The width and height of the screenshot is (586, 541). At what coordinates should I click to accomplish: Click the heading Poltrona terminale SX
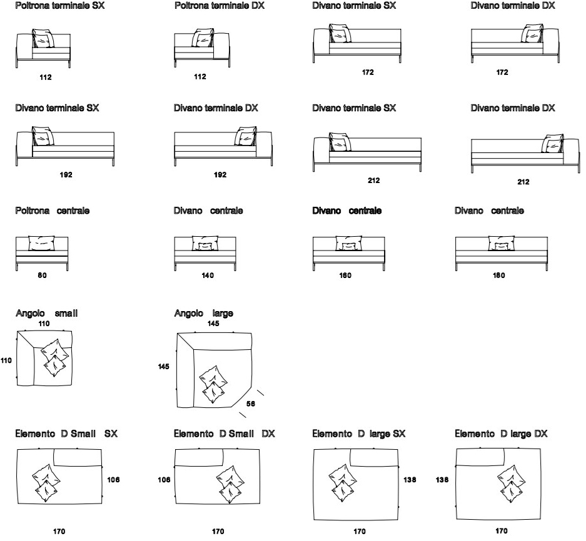(x=60, y=6)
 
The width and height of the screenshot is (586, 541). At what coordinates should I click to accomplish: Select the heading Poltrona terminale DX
(x=220, y=6)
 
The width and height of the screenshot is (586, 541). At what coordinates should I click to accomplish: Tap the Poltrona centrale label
(x=53, y=211)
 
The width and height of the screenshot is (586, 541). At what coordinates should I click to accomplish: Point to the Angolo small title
(x=47, y=313)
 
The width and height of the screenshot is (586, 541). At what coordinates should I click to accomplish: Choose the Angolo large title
(x=204, y=313)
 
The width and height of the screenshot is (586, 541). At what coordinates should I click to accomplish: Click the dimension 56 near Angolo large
(x=251, y=404)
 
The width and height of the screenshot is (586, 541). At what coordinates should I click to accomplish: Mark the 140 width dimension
(x=208, y=275)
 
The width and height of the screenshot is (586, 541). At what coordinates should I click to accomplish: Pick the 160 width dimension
(x=345, y=275)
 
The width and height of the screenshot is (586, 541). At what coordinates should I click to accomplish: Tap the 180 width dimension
(x=499, y=275)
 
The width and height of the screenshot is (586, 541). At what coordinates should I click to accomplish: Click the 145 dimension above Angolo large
(x=213, y=324)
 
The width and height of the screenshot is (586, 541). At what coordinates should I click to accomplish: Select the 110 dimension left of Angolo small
(x=6, y=360)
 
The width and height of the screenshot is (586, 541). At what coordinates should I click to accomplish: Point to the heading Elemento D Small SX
(x=66, y=434)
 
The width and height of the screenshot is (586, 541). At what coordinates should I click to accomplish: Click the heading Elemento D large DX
(x=501, y=434)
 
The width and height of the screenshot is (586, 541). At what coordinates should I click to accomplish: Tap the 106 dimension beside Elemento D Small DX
(x=164, y=480)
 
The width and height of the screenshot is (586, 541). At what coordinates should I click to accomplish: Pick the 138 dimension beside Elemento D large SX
(x=410, y=480)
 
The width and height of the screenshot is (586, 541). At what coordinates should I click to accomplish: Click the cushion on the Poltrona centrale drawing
(x=41, y=244)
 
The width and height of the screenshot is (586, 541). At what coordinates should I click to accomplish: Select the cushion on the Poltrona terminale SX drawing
(x=43, y=39)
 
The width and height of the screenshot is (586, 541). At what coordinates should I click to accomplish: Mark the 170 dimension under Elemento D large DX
(x=502, y=531)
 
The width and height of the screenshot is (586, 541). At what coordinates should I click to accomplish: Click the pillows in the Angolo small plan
(x=55, y=358)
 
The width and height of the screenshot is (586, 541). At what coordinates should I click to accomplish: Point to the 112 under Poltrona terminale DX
(x=200, y=77)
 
